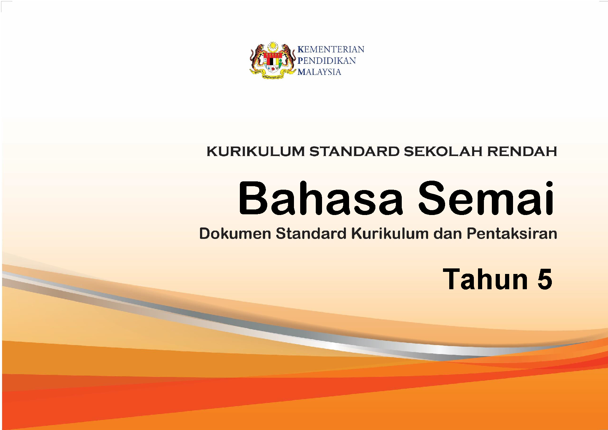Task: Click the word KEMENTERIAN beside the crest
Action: tap(331, 49)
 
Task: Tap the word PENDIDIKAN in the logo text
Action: tap(327, 61)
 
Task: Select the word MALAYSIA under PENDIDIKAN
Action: tap(319, 72)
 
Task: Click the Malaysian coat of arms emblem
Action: tap(272, 61)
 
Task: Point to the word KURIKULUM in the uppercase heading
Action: tap(255, 152)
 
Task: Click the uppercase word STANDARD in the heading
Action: tap(354, 152)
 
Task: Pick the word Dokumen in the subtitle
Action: tap(235, 234)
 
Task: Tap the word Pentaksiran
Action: tap(512, 234)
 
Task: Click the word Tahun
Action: tap(486, 279)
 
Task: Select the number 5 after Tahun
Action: tap(545, 279)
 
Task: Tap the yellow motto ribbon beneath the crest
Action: tap(272, 73)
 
